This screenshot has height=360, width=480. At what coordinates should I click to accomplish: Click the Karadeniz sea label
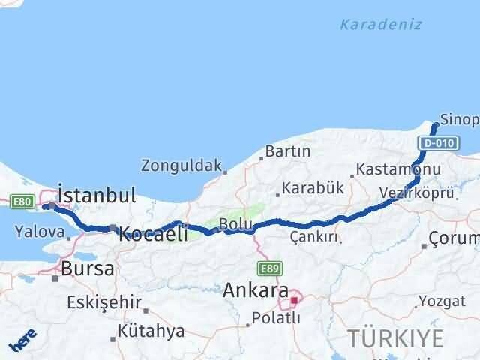pyautogui.click(x=380, y=25)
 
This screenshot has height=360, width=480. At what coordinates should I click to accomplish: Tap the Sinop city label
pyautogui.click(x=458, y=119)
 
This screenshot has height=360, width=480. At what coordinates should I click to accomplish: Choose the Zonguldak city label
pyautogui.click(x=182, y=165)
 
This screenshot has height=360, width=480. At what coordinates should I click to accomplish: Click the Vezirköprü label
pyautogui.click(x=416, y=193)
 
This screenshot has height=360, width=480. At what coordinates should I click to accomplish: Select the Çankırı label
pyautogui.click(x=313, y=237)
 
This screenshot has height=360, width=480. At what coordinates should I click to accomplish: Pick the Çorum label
pyautogui.click(x=453, y=240)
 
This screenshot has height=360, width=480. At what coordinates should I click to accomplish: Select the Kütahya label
pyautogui.click(x=151, y=331)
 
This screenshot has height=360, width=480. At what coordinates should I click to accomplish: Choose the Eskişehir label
pyautogui.click(x=104, y=302)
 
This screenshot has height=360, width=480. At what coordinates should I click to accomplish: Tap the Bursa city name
pyautogui.click(x=88, y=268)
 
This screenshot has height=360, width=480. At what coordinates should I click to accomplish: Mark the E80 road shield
pyautogui.click(x=21, y=201)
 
